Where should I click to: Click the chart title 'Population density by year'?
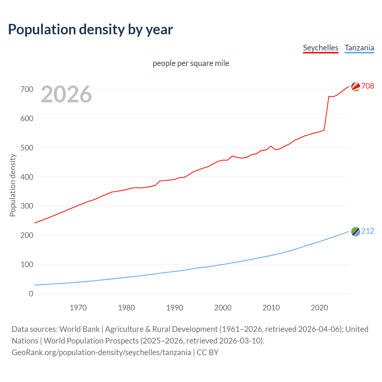(x=90, y=30)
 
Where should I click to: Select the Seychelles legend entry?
(x=321, y=48)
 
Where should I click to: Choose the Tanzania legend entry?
(x=359, y=48)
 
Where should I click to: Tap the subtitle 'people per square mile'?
(x=191, y=63)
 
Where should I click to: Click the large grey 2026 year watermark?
(x=66, y=94)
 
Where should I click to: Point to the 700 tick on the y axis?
(x=27, y=89)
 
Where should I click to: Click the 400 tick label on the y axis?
(x=27, y=177)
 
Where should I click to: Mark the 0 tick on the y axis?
(x=31, y=294)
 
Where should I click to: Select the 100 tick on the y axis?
(x=27, y=265)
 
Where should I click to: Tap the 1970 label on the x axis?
(x=78, y=308)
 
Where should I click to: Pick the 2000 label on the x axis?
(x=223, y=308)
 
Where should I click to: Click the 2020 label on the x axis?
(x=319, y=308)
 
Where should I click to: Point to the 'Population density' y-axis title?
(x=13, y=185)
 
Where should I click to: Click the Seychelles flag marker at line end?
(x=355, y=87)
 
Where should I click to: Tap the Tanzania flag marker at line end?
(x=355, y=231)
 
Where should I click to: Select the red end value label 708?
(x=368, y=86)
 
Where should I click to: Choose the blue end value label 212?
(x=368, y=231)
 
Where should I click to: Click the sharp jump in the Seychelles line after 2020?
(x=326, y=113)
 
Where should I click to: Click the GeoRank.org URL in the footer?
(x=101, y=352)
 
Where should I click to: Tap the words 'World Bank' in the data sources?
(x=79, y=329)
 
